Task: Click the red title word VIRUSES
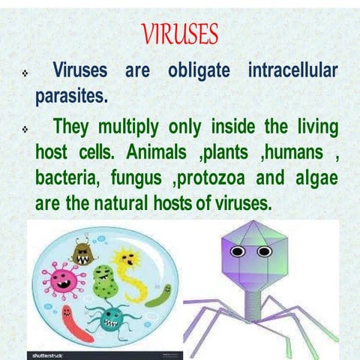tap(179, 34)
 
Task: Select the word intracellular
tap(292, 72)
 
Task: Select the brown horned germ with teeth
tap(83, 252)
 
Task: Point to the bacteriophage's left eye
tap(238, 252)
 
